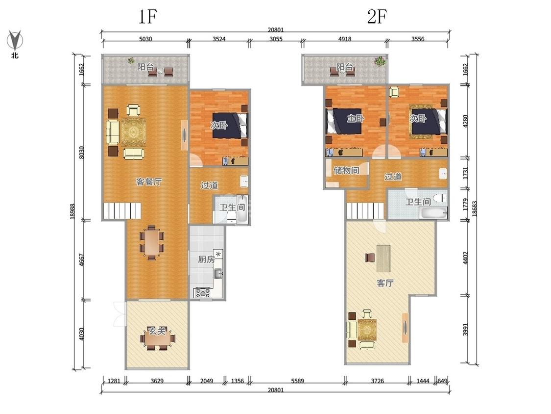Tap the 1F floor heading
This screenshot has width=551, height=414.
click(147, 16)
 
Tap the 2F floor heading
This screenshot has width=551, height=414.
click(377, 16)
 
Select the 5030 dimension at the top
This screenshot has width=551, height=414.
click(145, 39)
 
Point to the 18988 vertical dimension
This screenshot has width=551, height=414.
click(72, 211)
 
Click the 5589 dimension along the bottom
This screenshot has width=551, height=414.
click(297, 381)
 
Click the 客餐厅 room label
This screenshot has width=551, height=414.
click(149, 181)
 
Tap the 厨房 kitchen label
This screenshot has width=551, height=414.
click(206, 259)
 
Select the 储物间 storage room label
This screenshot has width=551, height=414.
click(346, 170)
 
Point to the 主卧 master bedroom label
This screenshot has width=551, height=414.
click(356, 118)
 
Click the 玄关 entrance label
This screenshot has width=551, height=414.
click(157, 331)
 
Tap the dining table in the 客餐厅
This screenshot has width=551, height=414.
click(152, 242)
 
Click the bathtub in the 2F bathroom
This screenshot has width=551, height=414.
click(433, 213)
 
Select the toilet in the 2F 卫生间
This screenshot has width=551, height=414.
click(440, 198)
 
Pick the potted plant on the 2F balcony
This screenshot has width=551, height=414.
click(380, 61)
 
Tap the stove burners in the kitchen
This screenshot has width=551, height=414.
click(203, 292)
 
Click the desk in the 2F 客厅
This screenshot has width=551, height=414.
click(383, 259)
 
